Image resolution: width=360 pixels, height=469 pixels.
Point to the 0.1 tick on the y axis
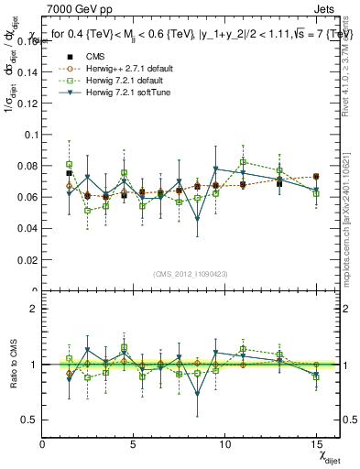(29, 134)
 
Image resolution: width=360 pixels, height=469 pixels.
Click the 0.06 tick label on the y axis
(27, 197)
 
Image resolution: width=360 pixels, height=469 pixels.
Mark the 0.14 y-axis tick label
(27, 71)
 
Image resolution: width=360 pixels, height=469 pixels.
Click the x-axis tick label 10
(224, 444)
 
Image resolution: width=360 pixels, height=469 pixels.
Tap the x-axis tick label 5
(134, 444)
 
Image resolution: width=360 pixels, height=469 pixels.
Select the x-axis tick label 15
(315, 444)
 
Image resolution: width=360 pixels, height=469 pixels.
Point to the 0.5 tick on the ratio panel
(31, 420)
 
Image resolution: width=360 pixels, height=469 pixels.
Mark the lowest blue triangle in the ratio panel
(198, 395)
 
